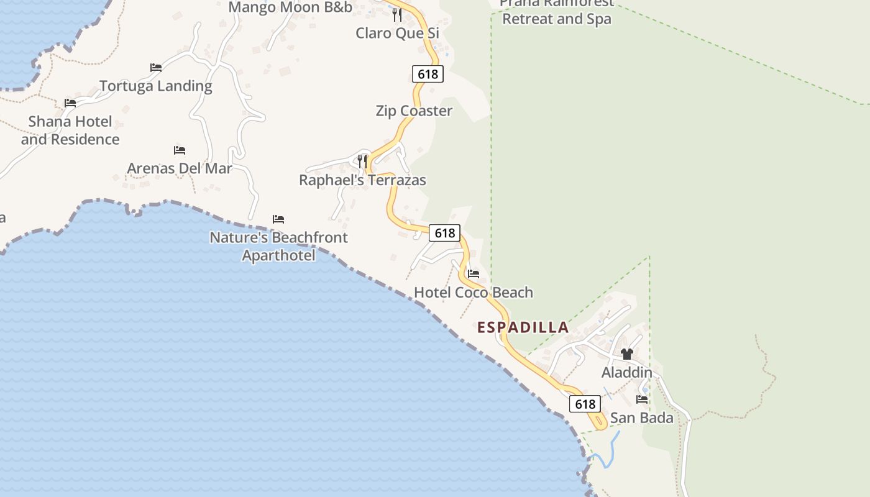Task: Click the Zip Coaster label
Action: coord(414,111)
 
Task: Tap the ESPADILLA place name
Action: coord(523,327)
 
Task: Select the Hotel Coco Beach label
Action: coord(474,293)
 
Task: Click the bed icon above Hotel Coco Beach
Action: coord(474,273)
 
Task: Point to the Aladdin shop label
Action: coord(626,373)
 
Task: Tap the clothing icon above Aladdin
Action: coord(626,354)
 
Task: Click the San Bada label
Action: coord(641,418)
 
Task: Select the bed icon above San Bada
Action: coord(642,399)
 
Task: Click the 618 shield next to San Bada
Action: coord(585,404)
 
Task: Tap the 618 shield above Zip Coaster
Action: coord(428,75)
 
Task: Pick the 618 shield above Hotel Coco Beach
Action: coord(444,233)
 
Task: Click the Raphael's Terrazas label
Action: coord(362,180)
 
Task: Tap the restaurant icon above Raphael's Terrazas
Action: coord(362,161)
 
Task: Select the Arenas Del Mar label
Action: coord(180,168)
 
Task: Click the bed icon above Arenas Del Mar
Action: coord(180,150)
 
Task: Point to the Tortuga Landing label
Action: coord(155,86)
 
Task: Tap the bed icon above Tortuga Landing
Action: coord(156,67)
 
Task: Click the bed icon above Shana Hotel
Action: coord(70,103)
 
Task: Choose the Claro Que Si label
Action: coord(397,33)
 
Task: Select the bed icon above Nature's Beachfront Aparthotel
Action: coord(278,219)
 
